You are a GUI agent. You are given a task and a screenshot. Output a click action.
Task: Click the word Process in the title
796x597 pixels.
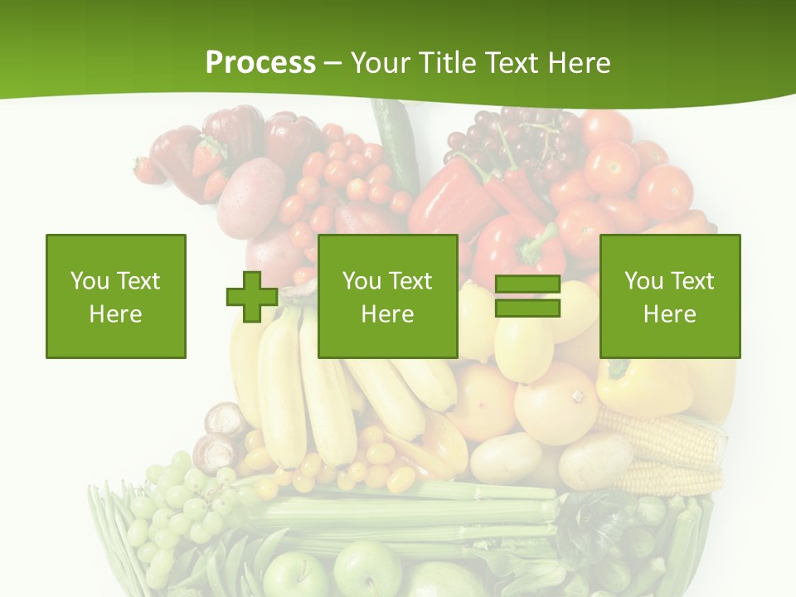click(x=260, y=63)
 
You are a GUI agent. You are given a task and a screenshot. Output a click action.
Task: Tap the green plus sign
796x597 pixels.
click(x=252, y=297)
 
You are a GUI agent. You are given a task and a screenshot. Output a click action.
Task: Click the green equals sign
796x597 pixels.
click(x=527, y=297)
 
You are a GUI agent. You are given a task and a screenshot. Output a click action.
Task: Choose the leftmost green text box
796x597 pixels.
click(x=116, y=296)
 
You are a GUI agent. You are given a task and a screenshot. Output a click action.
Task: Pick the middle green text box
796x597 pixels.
click(x=387, y=296)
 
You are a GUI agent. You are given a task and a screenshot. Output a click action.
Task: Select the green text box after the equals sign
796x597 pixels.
click(x=669, y=296)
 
